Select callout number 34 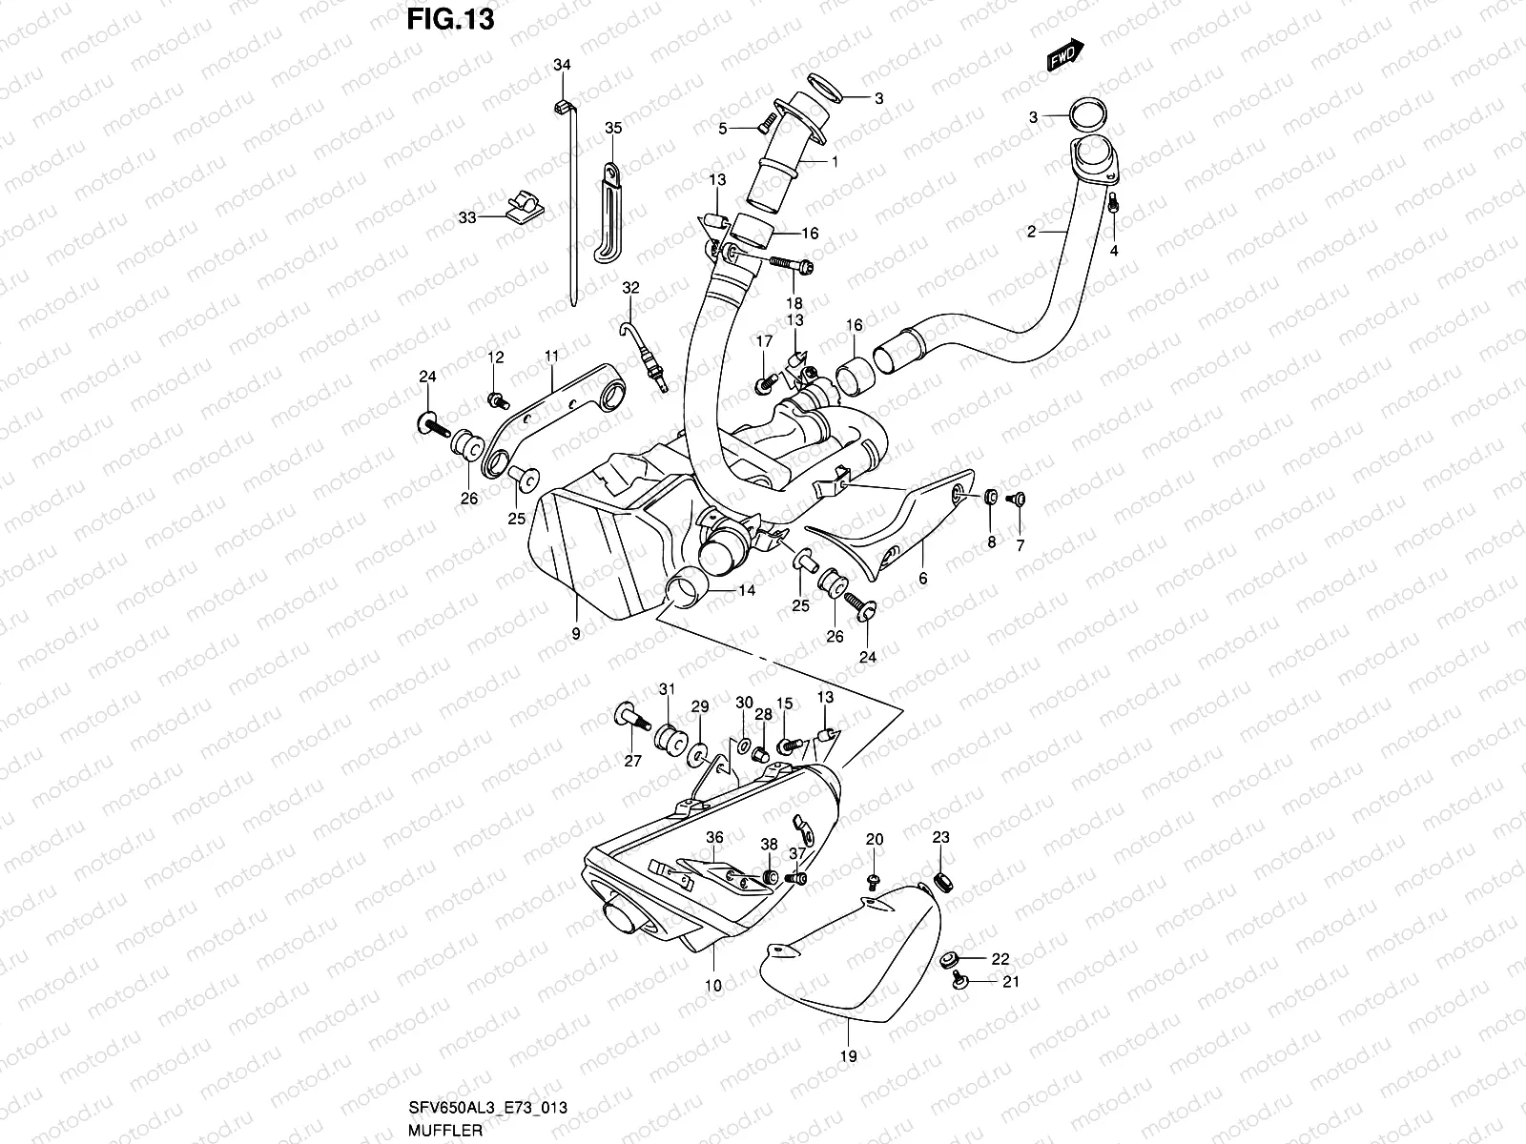tap(562, 65)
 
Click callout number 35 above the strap tap(613, 128)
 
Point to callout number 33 tap(466, 217)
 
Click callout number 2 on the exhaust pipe tap(1031, 232)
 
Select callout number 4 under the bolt tap(1114, 251)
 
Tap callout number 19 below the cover tap(848, 1055)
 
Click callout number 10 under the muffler tap(713, 985)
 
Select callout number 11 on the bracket tap(551, 355)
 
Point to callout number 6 tap(922, 579)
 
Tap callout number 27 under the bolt tap(632, 760)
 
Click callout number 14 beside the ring tap(746, 591)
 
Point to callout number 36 tap(714, 837)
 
